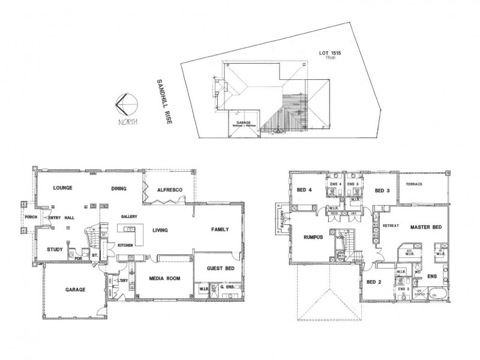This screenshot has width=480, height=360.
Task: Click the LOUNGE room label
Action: [62, 188]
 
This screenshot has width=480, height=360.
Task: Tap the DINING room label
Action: [118, 188]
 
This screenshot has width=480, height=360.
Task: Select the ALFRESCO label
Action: [169, 190]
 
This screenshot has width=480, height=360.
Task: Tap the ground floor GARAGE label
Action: [75, 289]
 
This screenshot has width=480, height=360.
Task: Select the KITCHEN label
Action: [125, 245]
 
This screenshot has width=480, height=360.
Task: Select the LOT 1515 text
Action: [331, 53]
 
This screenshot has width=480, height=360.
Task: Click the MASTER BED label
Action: [426, 227]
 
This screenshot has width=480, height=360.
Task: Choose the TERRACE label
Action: [415, 184]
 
